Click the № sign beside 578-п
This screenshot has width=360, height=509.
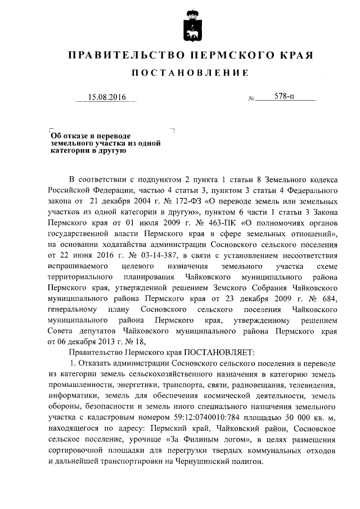click(x=251, y=98)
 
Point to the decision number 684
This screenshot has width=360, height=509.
click(x=328, y=298)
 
